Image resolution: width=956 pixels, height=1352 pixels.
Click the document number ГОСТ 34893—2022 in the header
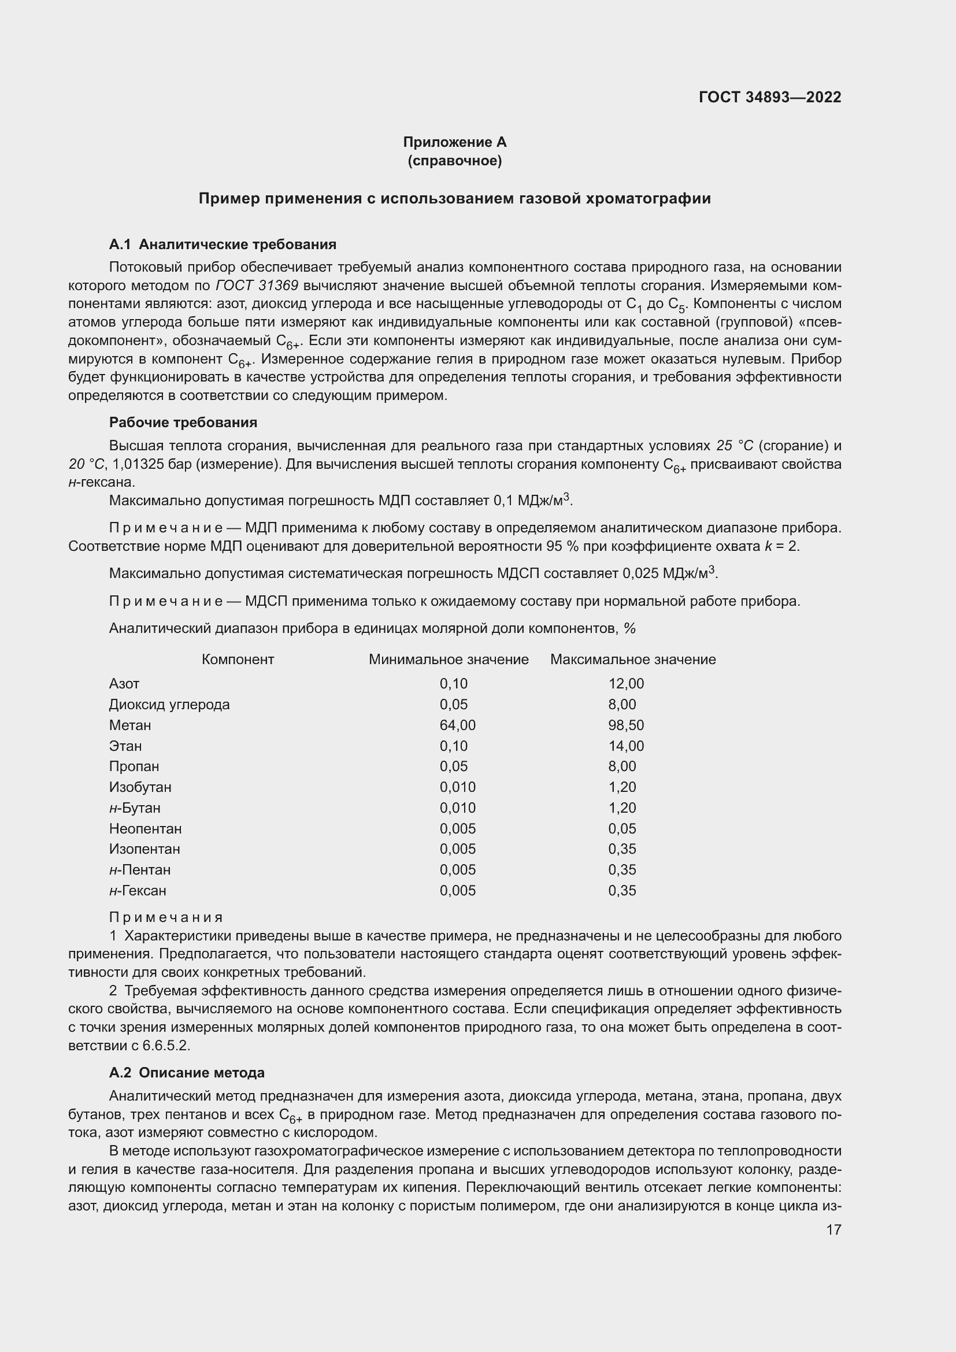coord(769,97)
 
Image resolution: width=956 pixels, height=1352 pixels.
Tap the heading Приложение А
coord(454,142)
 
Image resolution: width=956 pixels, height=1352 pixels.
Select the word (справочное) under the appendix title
coord(454,161)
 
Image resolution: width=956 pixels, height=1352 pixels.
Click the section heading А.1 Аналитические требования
coord(223,245)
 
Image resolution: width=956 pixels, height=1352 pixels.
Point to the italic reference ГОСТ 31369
coord(257,286)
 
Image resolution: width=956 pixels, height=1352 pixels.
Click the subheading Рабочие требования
coord(183,422)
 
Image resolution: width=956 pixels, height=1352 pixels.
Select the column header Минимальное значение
coord(449,660)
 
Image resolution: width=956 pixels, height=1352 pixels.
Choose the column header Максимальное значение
coord(633,660)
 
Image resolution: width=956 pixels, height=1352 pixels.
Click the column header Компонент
coord(238,660)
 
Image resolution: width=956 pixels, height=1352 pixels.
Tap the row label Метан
coord(130,725)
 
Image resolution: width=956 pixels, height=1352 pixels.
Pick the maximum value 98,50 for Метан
coord(626,725)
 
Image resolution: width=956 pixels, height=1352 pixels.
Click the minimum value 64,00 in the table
coord(457,725)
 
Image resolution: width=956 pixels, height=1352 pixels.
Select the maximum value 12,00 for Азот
coord(626,684)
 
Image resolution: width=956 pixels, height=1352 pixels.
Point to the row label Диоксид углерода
coord(169,705)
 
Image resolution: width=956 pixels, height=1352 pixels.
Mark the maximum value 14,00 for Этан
coord(626,746)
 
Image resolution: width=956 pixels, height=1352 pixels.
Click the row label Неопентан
coord(146,829)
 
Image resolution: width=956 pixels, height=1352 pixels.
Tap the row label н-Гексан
coord(138,891)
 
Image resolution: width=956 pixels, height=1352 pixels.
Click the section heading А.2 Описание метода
coord(187,1073)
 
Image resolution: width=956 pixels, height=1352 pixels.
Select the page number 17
coord(833,1229)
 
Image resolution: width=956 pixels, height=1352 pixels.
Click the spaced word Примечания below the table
coord(166,917)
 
